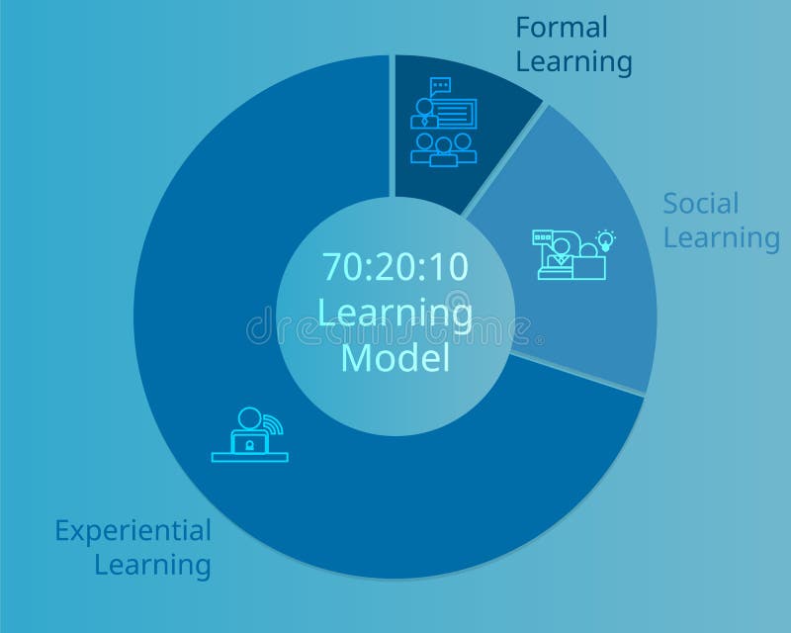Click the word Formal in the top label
pos(562,28)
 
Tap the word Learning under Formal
pos(573,61)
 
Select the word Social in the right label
pos(701,204)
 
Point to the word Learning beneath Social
pos(721,237)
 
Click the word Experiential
pos(132,531)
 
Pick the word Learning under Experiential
pos(152,566)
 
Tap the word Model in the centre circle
pos(395,358)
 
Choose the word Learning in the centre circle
pos(395,312)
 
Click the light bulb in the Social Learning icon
pos(606,239)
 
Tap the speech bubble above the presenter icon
pos(441,86)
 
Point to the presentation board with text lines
pos(455,113)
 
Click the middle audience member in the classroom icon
pos(444,148)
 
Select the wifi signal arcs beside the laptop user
pos(273,426)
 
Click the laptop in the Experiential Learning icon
pos(248,443)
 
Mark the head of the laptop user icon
pos(248,418)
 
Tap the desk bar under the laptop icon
pos(249,457)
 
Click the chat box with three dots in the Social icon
pos(544,237)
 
